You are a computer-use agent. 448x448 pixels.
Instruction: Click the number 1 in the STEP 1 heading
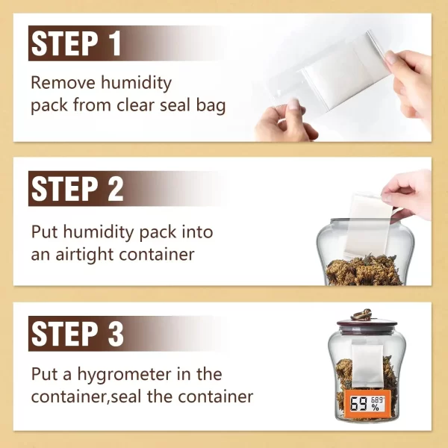tap(116, 43)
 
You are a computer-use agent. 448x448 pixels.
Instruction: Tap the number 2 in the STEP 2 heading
tap(116, 189)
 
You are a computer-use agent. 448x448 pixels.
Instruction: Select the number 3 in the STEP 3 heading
tap(116, 334)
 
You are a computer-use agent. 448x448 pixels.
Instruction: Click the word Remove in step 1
tap(63, 83)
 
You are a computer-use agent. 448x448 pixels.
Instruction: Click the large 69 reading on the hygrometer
tap(359, 404)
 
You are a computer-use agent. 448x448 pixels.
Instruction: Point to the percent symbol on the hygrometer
tap(375, 408)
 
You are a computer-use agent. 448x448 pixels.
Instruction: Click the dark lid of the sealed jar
tap(367, 324)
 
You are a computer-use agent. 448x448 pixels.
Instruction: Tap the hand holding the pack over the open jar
tap(408, 194)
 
